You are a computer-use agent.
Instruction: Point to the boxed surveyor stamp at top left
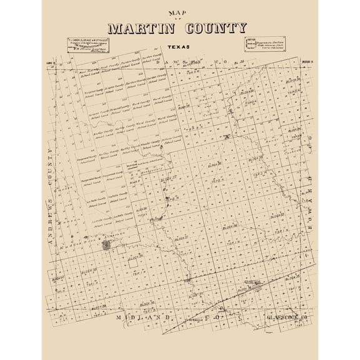85,44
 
